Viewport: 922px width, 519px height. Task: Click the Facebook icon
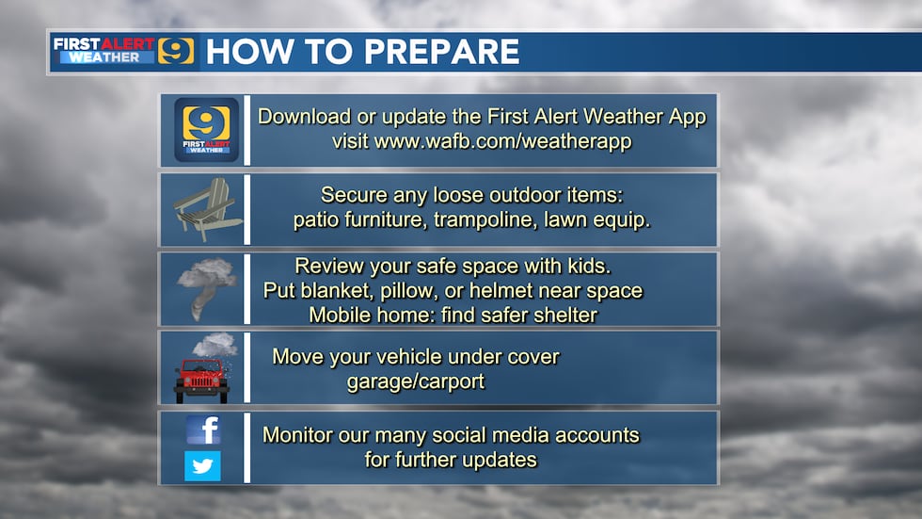point(202,430)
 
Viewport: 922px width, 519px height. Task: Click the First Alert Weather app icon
point(206,131)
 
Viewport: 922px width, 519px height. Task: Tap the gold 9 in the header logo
point(175,51)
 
